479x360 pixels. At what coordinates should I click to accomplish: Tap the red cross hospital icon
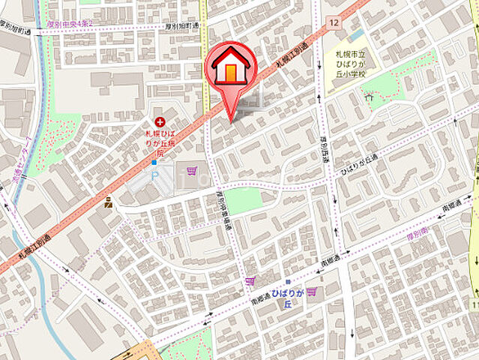(x=160, y=121)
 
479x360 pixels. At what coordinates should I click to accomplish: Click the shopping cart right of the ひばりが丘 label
(x=311, y=292)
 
